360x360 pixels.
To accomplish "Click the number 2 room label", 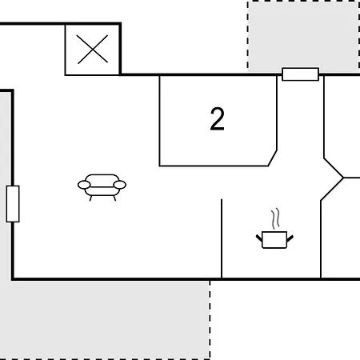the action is pos(217,119).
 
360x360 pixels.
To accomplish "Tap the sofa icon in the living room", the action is pos(102,187).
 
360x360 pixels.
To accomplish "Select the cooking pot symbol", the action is pos(274,240).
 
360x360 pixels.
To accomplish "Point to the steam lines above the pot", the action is pos(276,218).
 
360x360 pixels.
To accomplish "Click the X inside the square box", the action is pos(92,50).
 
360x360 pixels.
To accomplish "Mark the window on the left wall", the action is pos(13,204).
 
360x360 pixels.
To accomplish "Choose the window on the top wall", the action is pos(300,74).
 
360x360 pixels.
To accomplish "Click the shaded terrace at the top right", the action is pos(303,36).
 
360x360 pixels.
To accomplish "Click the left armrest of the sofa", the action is pos(84,185).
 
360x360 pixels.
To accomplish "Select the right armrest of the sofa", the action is pos(120,185).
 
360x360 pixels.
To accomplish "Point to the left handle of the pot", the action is pos(259,238).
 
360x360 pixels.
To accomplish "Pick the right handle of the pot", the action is pos(290,238).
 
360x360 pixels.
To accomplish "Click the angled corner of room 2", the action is pos(273,158).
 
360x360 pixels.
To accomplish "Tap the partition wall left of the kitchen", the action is pos(222,238).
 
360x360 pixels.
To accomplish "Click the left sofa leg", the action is pos(90,198).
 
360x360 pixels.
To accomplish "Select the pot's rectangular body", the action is pos(274,240).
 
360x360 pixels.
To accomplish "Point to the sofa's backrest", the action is pos(102,179).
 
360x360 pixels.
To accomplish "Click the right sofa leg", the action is pos(114,198).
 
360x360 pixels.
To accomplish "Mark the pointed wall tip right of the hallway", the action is pos(343,178).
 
